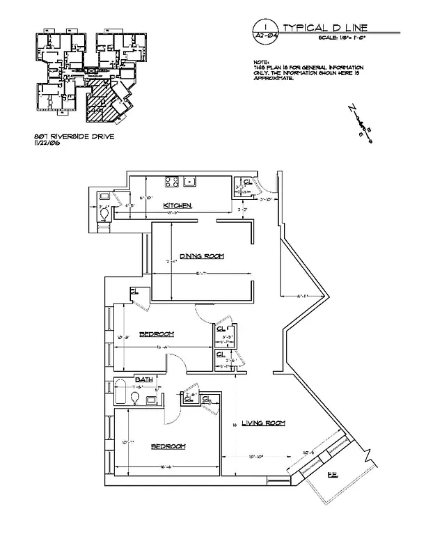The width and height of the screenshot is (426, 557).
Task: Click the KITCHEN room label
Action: click(177, 205)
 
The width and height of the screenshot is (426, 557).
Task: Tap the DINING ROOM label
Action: click(202, 256)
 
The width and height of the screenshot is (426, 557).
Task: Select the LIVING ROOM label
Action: click(264, 423)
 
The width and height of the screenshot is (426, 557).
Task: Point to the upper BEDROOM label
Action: click(157, 334)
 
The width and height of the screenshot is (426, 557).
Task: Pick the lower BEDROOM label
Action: click(168, 446)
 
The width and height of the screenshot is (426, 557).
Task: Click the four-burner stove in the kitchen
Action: click(172, 182)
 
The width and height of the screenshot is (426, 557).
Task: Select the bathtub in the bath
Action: click(121, 394)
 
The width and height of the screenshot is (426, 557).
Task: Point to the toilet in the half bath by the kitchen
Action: click(104, 214)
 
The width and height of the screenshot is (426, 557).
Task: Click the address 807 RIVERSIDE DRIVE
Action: click(73, 136)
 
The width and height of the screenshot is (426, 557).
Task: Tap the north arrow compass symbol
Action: click(360, 125)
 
